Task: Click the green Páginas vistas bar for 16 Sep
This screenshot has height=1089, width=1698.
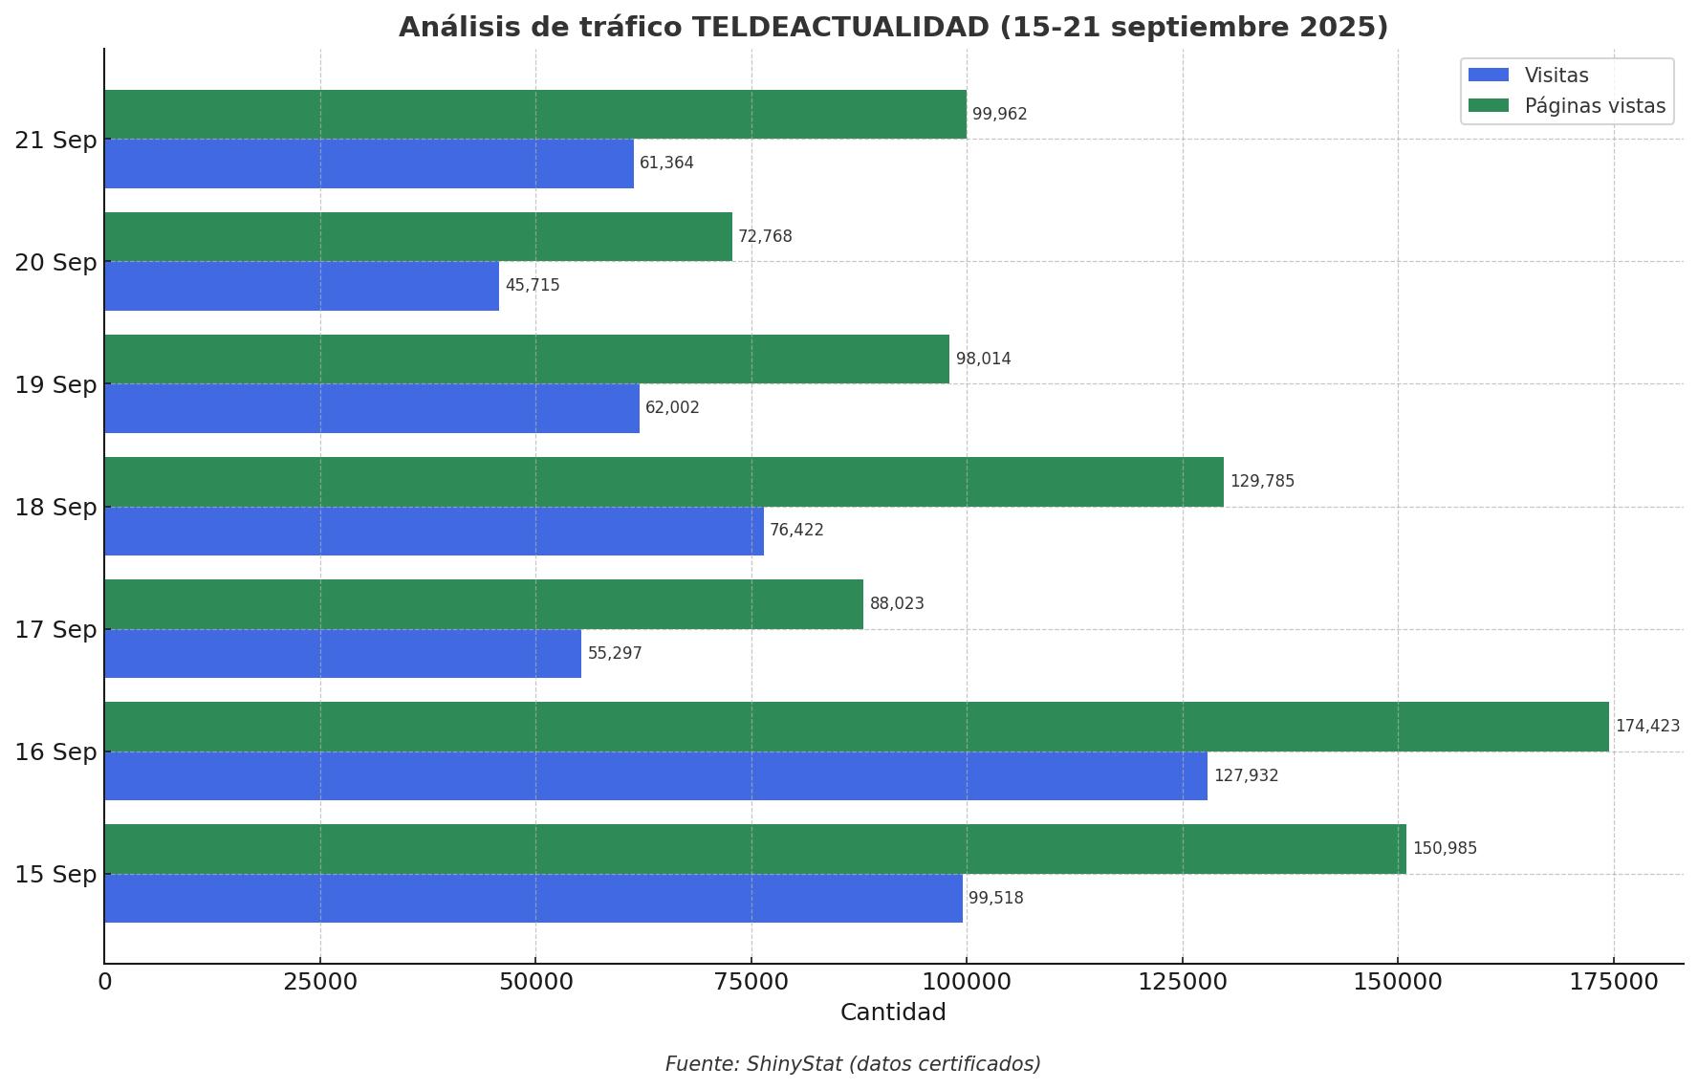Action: click(x=856, y=727)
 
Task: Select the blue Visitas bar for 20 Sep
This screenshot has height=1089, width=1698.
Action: click(x=301, y=286)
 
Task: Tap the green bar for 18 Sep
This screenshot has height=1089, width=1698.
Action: click(x=664, y=482)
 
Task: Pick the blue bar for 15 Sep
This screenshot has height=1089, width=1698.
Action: click(x=533, y=898)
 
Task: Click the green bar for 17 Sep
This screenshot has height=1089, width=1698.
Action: click(x=484, y=604)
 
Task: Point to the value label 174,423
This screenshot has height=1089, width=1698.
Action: click(x=1646, y=727)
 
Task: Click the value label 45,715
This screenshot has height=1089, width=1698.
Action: click(x=533, y=286)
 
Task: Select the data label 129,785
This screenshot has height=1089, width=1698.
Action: click(x=1262, y=482)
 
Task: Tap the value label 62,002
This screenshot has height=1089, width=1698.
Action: click(x=672, y=408)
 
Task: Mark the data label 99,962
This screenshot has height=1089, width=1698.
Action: click(x=999, y=115)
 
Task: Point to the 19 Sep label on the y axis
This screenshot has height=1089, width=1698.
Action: click(x=55, y=385)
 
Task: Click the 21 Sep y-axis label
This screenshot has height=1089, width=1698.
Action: click(x=55, y=141)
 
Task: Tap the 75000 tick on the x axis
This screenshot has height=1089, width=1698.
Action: click(x=751, y=982)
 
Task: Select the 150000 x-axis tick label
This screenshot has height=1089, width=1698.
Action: click(x=1398, y=982)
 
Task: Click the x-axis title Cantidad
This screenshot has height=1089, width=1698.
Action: click(x=893, y=1013)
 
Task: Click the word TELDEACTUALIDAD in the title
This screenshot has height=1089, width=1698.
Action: click(x=840, y=28)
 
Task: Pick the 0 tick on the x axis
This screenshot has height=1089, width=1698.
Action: click(x=105, y=982)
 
